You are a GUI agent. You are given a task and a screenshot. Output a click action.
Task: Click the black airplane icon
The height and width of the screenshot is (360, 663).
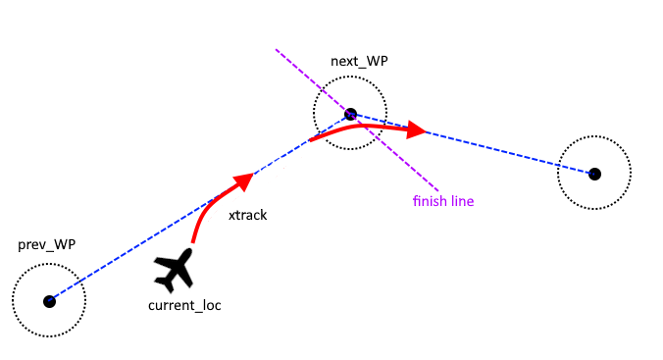coord(175,270)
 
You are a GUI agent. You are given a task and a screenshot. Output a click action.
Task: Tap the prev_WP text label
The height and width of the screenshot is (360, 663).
coord(46,244)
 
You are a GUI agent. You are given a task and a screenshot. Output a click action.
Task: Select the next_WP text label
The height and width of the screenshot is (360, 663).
coord(359,61)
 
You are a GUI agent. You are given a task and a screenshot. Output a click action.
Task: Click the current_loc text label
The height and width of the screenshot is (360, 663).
coord(184,305)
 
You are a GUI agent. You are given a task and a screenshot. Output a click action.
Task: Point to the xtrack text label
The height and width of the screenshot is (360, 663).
coord(248,215)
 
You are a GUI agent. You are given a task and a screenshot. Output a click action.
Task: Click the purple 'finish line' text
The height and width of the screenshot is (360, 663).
coord(443,200)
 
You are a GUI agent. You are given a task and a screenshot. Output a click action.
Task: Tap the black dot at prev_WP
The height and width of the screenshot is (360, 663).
coord(49,301)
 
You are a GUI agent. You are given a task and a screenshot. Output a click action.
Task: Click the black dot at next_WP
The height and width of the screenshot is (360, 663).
coord(350,114)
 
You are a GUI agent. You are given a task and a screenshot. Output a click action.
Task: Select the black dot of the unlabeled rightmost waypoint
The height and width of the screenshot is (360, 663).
coord(594,174)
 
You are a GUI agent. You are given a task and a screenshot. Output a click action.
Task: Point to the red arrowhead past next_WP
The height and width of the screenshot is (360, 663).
coord(416,129)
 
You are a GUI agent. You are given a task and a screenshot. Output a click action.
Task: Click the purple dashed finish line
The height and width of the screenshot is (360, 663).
coord(357,120)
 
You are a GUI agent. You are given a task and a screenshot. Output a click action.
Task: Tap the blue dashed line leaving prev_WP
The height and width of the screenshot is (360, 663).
coord(200,208)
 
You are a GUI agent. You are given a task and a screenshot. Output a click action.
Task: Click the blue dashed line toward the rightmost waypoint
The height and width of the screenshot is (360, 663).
coord(473,144)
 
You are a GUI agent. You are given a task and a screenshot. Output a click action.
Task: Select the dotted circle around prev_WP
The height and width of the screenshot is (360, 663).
coord(49,264)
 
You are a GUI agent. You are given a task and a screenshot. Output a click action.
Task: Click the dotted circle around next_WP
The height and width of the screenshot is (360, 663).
coord(350,77)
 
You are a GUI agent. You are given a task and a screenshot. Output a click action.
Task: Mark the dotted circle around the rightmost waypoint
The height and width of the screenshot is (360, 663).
coord(594,136)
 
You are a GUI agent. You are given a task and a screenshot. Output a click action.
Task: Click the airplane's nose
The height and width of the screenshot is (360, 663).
coord(189,251)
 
